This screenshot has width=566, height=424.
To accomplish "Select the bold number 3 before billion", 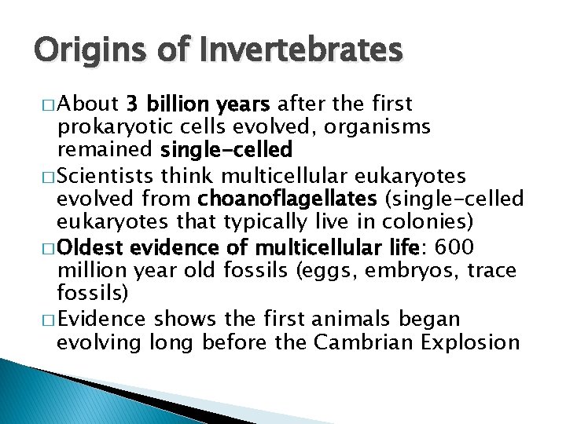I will coord(132,105).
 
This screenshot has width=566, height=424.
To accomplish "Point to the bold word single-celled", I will coord(226,148).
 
